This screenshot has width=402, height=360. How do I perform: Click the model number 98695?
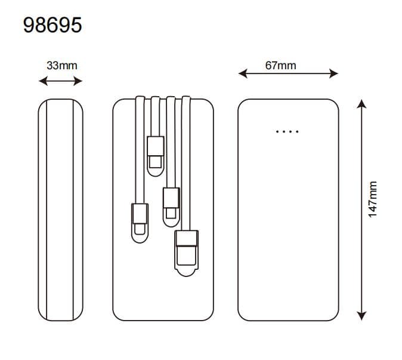52,25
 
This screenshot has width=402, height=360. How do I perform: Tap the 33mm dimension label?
62,66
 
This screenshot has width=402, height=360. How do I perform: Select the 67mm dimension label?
280,66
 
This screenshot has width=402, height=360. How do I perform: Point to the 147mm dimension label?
373,199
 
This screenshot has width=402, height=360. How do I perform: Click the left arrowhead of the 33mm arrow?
43,81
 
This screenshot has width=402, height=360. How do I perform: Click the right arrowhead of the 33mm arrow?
78,81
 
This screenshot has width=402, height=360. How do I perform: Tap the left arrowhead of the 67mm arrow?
243,73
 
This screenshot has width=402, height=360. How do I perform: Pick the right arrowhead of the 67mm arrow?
333,73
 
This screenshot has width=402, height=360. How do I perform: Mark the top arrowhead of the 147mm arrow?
361,104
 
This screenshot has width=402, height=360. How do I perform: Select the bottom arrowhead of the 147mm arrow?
361,316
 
